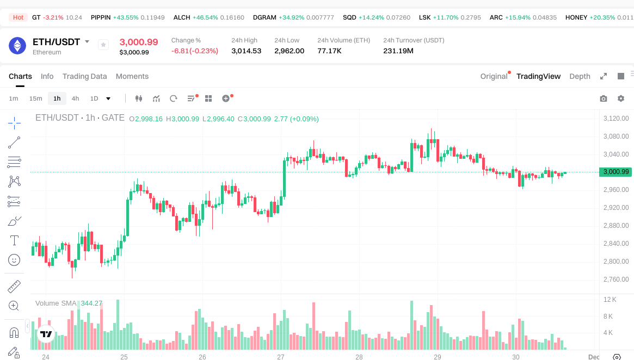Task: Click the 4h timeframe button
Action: coord(75,98)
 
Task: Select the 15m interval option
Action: coord(35,98)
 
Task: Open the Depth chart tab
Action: coord(580,76)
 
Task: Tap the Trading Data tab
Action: coord(84,76)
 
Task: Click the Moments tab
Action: coord(132,76)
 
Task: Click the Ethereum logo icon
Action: coord(17,46)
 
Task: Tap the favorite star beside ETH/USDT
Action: coord(103,45)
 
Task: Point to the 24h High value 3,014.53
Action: coord(246,51)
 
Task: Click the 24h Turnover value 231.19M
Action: coord(398,51)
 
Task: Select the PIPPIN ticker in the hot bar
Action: coord(101,17)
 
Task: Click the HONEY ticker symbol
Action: coord(576,17)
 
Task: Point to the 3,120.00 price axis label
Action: coord(616,119)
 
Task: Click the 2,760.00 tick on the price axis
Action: coord(616,280)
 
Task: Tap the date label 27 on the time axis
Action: coord(281,357)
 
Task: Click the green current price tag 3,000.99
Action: coord(616,172)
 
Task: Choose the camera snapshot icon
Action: coord(604,98)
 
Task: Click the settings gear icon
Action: coord(621,98)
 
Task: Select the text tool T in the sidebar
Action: coord(15,240)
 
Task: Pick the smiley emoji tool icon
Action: coord(15,260)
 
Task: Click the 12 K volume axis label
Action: coord(610,300)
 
